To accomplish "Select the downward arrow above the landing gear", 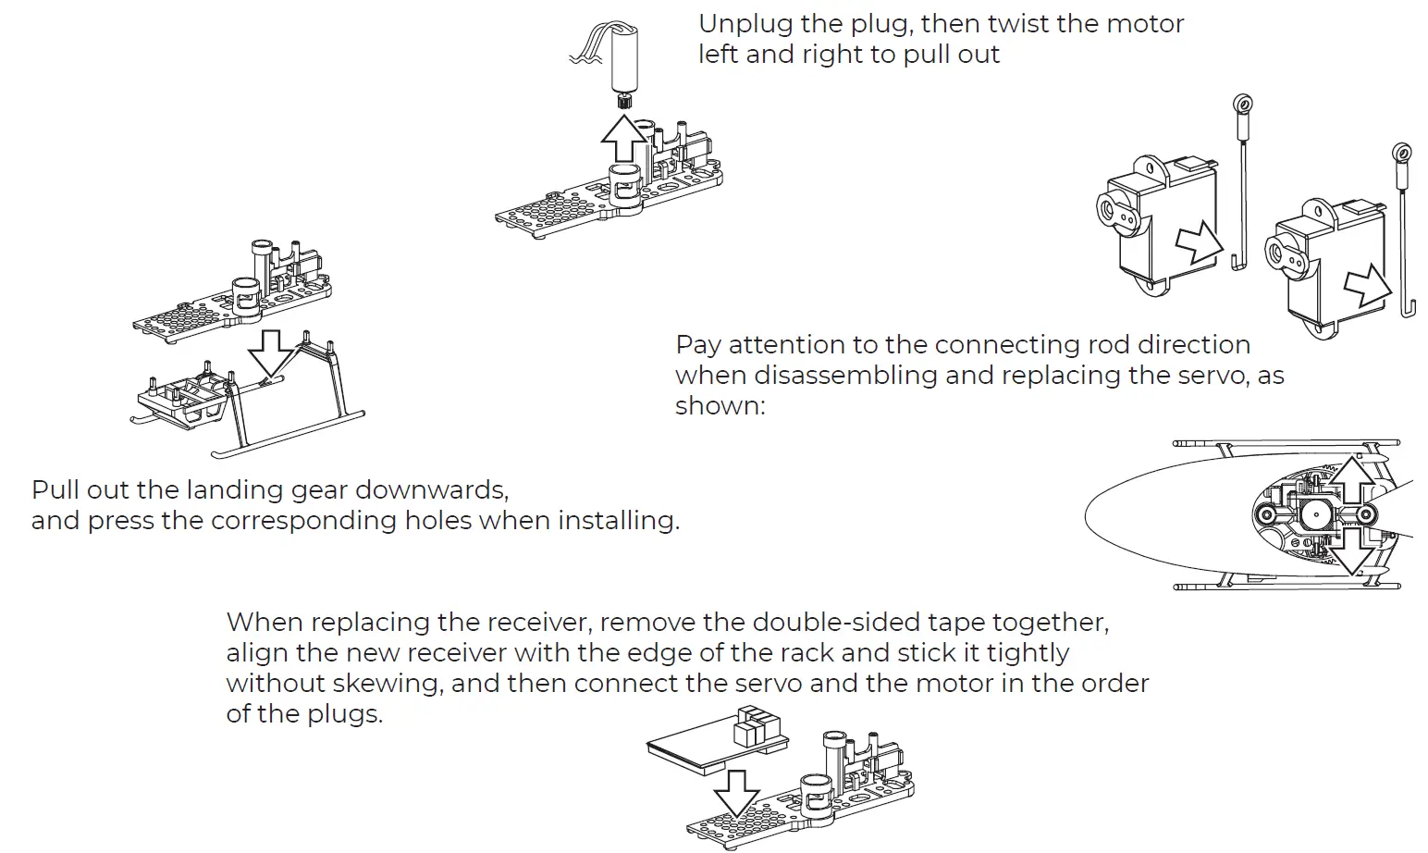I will coord(270,352).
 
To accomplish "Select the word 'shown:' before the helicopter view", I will coord(720,406).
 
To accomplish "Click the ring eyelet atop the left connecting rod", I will coord(1244,103).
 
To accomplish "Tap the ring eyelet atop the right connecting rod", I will coord(1401,154).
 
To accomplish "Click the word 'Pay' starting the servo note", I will coord(697,345).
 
